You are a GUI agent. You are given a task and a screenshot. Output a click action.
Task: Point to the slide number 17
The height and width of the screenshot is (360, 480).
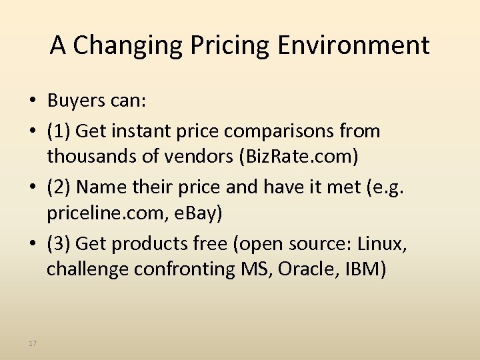click(x=33, y=343)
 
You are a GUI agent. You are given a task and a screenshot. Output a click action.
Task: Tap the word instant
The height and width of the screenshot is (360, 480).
click(x=147, y=131)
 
